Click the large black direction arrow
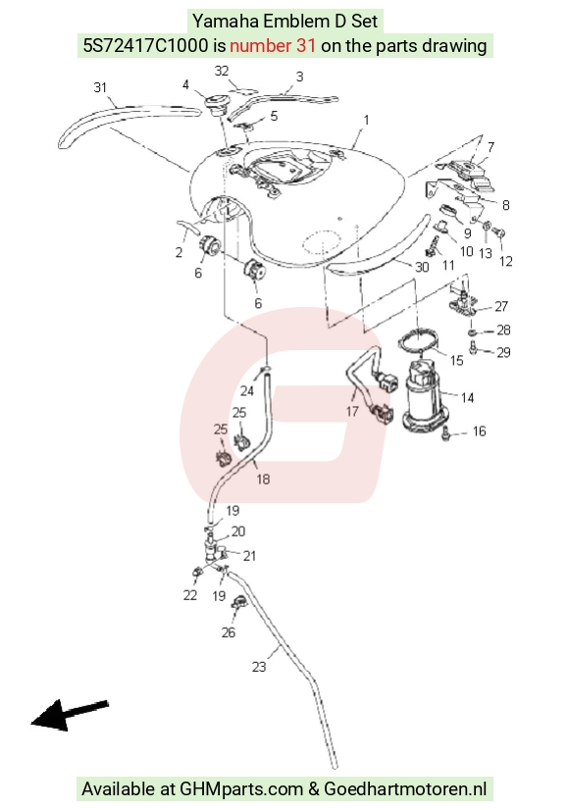[x=70, y=715]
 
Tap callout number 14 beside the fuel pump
[x=467, y=397]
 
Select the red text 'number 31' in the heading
[x=273, y=45]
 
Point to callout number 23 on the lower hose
[x=258, y=667]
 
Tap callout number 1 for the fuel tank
[x=366, y=120]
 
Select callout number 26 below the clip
[x=228, y=633]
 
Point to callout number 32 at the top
[x=221, y=71]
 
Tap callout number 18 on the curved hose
[x=263, y=479]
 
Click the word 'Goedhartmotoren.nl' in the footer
[x=405, y=788]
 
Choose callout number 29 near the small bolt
[x=503, y=352]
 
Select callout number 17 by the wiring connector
[x=352, y=411]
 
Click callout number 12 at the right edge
[x=505, y=262]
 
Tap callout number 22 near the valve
[x=189, y=595]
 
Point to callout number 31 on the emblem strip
[x=100, y=87]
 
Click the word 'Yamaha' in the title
[x=226, y=22]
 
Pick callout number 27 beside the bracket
[x=500, y=306]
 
